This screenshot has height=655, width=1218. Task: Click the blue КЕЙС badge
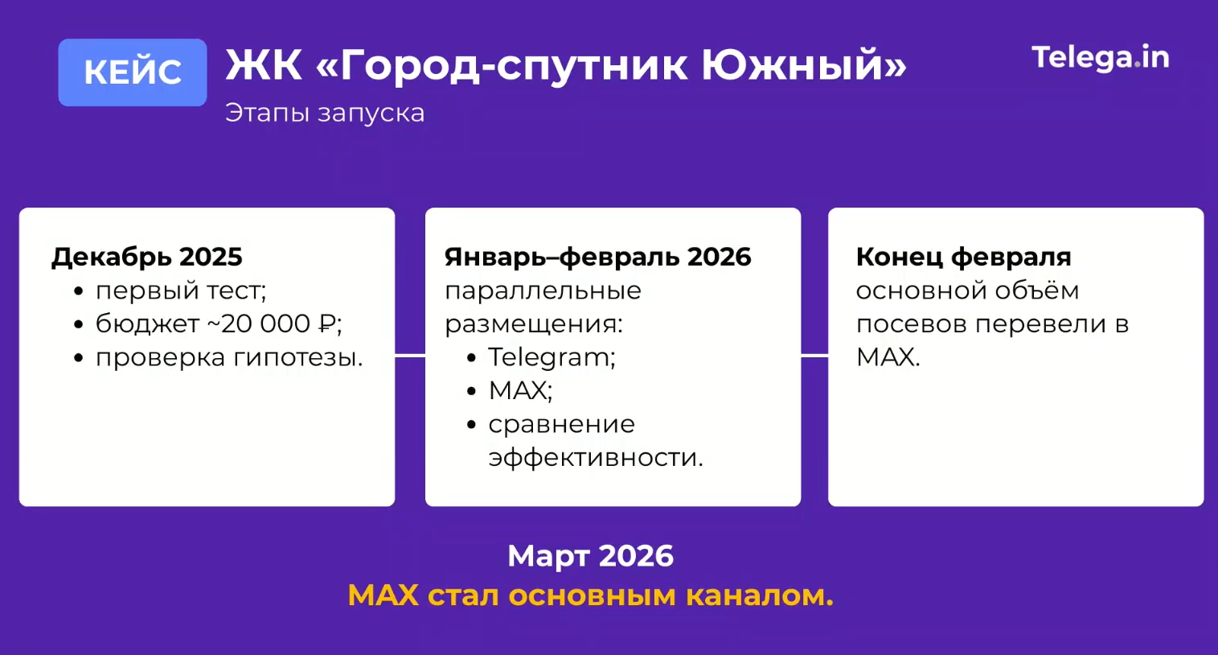pyautogui.click(x=133, y=72)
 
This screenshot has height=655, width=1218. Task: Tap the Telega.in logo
pyautogui.click(x=1101, y=58)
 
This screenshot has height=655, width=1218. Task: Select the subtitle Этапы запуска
pyautogui.click(x=325, y=113)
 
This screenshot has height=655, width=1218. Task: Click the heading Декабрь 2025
pyautogui.click(x=147, y=257)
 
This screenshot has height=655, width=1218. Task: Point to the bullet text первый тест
pyautogui.click(x=181, y=291)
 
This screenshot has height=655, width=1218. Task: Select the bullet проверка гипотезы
pyautogui.click(x=229, y=358)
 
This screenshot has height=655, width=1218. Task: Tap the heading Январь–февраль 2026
pyautogui.click(x=597, y=257)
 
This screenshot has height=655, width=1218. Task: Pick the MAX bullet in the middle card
pyautogui.click(x=520, y=390)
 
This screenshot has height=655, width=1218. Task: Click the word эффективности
pyautogui.click(x=596, y=458)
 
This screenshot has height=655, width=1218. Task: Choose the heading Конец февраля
pyautogui.click(x=963, y=257)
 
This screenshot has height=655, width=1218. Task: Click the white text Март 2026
pyautogui.click(x=591, y=555)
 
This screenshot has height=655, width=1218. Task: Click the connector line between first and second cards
pyautogui.click(x=410, y=356)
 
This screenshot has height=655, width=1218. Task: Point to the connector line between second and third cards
pyautogui.click(x=814, y=356)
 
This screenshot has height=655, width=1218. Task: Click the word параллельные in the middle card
pyautogui.click(x=543, y=291)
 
